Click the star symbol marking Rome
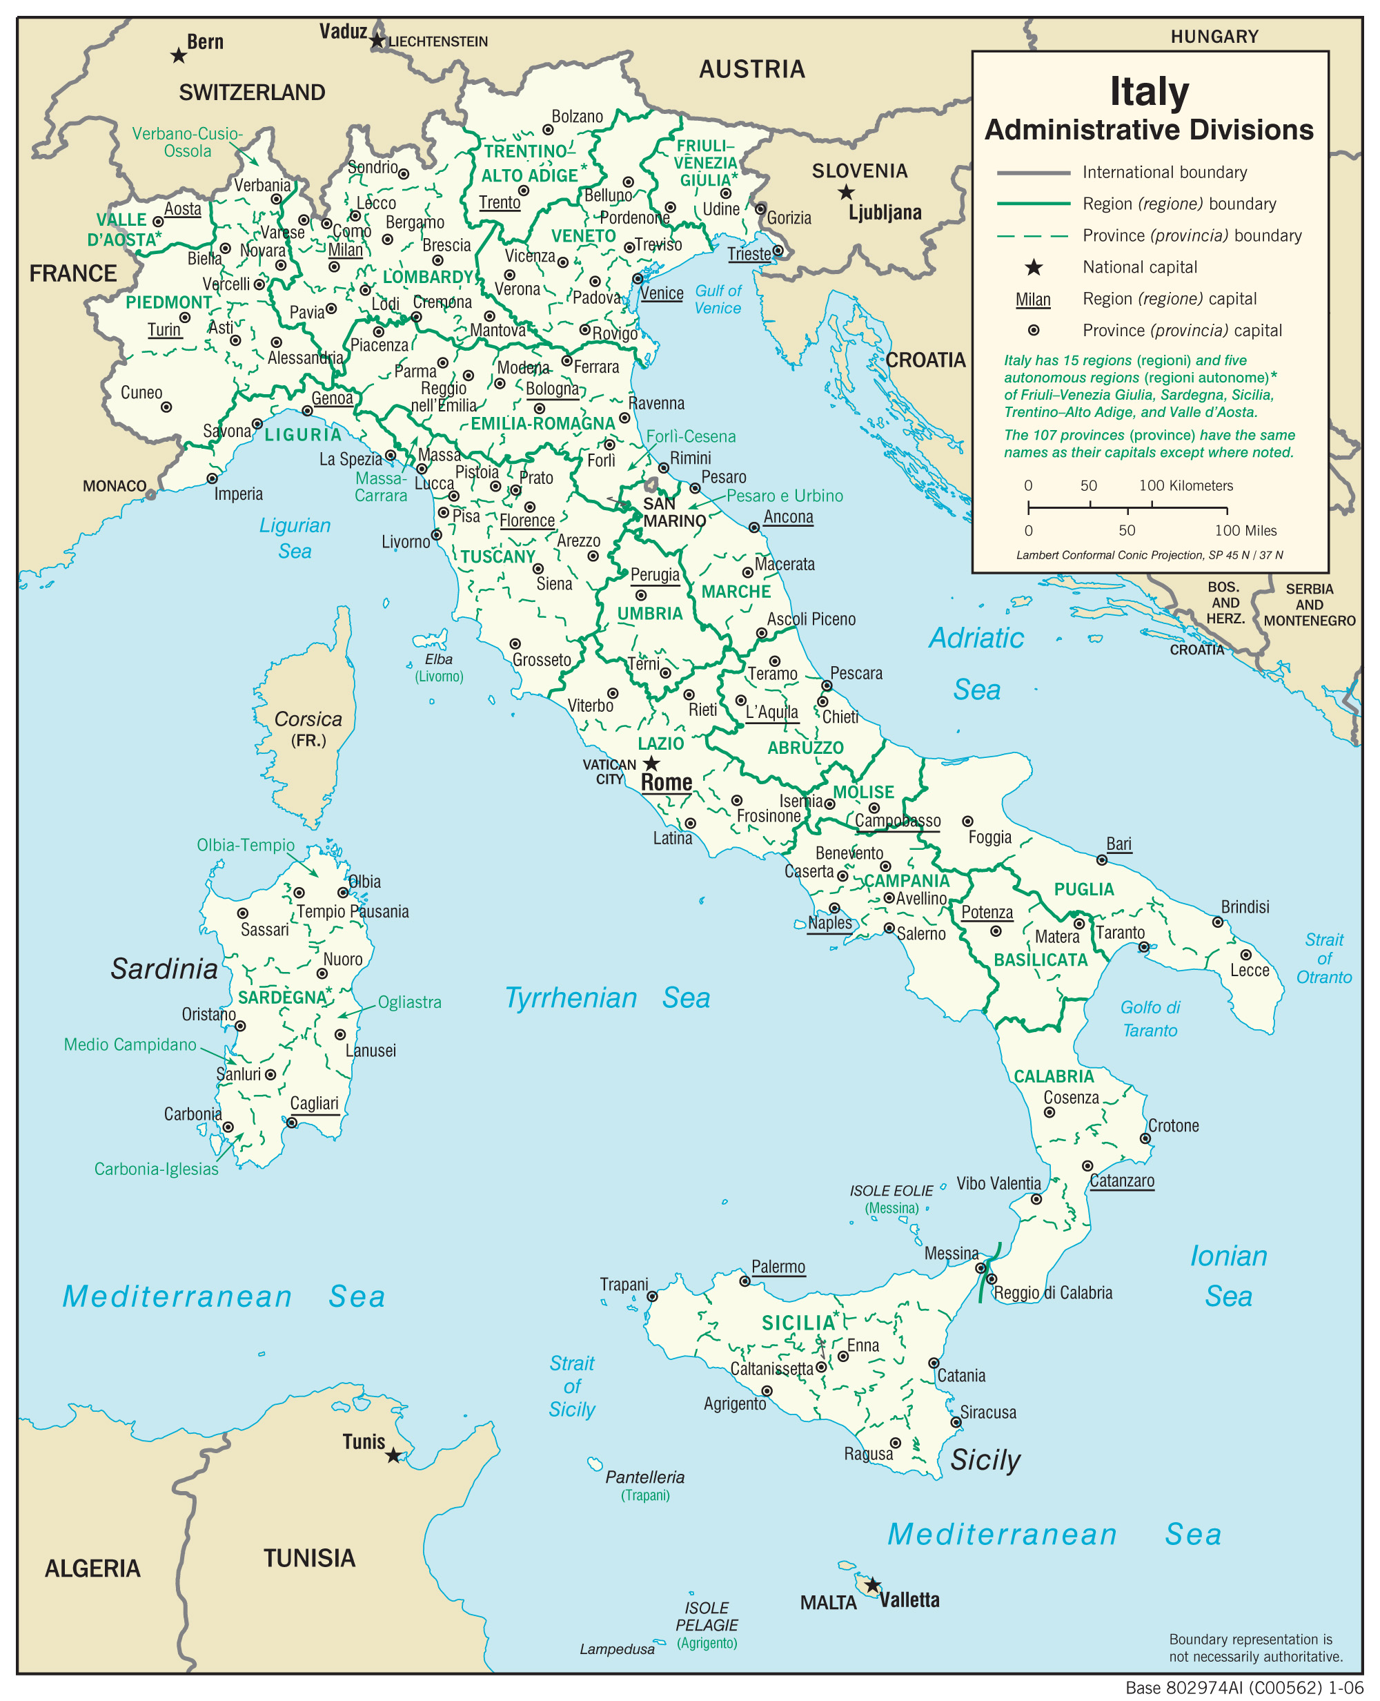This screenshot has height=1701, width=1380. pos(651,764)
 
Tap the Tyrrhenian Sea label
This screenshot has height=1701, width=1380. pos(607,998)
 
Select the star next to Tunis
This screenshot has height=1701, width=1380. pos(393,1455)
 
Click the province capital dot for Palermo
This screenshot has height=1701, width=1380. pos(745,1281)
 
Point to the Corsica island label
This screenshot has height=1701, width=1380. pos(308,719)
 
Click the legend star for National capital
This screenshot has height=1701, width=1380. pos(1034,267)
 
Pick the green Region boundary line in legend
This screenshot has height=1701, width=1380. pos(1034,204)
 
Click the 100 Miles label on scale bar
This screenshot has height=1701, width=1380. pos(1245,530)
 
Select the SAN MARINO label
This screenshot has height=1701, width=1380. pos(674,513)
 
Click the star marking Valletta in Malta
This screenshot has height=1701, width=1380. pos(872,1585)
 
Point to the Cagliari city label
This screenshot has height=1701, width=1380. pos(314,1103)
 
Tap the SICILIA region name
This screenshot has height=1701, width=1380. pos(798,1323)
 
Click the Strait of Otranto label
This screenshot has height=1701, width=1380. pos(1323,958)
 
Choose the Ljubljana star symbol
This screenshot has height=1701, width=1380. pos(847,192)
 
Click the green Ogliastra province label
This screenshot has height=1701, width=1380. pos(409,1002)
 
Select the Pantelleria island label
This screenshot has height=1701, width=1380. pos(644,1477)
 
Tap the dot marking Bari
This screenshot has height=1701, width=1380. pos(1101,859)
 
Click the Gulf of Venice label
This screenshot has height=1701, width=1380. pos(718,300)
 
